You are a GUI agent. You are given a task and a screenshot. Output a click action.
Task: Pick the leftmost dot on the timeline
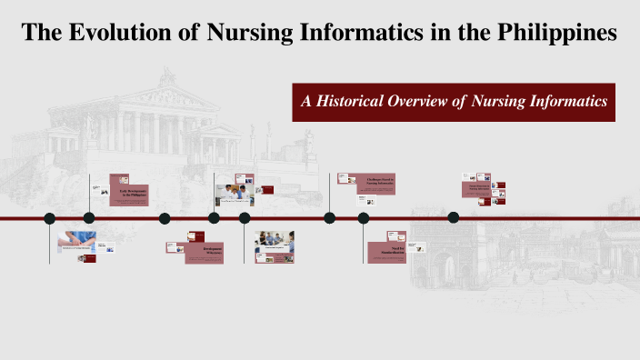(x=50, y=218)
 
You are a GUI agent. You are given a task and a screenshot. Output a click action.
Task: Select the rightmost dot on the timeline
(x=454, y=217)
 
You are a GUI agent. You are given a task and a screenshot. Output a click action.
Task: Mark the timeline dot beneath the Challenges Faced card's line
(x=329, y=218)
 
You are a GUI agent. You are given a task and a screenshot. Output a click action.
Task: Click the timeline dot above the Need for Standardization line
(x=364, y=218)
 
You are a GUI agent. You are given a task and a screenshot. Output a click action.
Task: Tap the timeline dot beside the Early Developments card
(x=89, y=218)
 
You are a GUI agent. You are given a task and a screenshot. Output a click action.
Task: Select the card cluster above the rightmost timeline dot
(x=483, y=188)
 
